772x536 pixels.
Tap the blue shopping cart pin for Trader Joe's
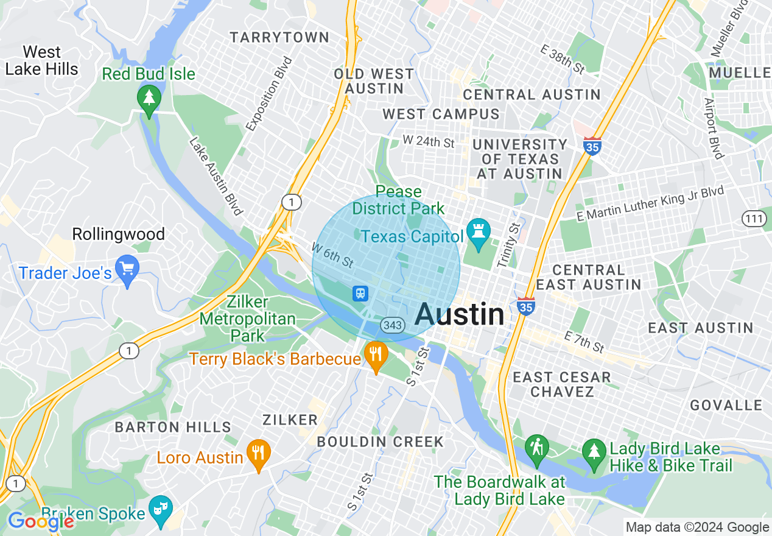point(127,270)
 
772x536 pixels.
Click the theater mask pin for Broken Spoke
point(161,510)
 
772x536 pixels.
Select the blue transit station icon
point(360,294)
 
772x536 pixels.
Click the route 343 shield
point(393,325)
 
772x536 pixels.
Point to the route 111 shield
point(754,218)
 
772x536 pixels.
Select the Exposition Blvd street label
point(269,94)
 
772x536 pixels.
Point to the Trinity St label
point(509,244)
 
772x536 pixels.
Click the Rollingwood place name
point(118,234)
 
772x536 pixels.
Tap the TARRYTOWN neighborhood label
point(280,38)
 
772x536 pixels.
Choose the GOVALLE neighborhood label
point(726,406)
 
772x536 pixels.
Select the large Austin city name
point(460,315)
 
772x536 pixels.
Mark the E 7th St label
point(584,342)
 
